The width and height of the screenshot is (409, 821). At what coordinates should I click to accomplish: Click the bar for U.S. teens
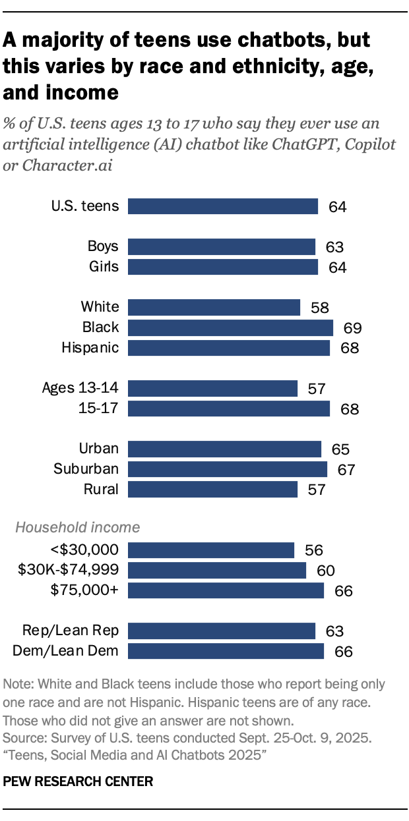(x=223, y=206)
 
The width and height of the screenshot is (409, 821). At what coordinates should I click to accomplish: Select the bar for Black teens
(x=230, y=327)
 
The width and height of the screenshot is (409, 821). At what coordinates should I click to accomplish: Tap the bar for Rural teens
(x=212, y=489)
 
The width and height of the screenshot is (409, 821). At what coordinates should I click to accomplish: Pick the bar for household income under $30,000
(x=211, y=550)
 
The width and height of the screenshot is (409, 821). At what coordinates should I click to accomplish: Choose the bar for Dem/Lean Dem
(x=226, y=651)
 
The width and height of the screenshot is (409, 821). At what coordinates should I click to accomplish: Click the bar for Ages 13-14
(x=212, y=388)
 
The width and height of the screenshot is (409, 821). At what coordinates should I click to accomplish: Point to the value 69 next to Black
(x=348, y=328)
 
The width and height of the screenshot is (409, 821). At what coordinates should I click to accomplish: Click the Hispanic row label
(x=90, y=347)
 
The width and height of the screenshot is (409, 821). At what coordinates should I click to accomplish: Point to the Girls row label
(x=104, y=266)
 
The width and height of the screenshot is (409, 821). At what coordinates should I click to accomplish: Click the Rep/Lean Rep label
(x=71, y=631)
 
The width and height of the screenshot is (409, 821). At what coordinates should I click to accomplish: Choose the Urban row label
(x=99, y=449)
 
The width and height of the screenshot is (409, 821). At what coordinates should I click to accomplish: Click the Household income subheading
(x=77, y=527)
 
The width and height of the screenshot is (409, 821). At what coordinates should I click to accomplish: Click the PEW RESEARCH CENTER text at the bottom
(x=79, y=781)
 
